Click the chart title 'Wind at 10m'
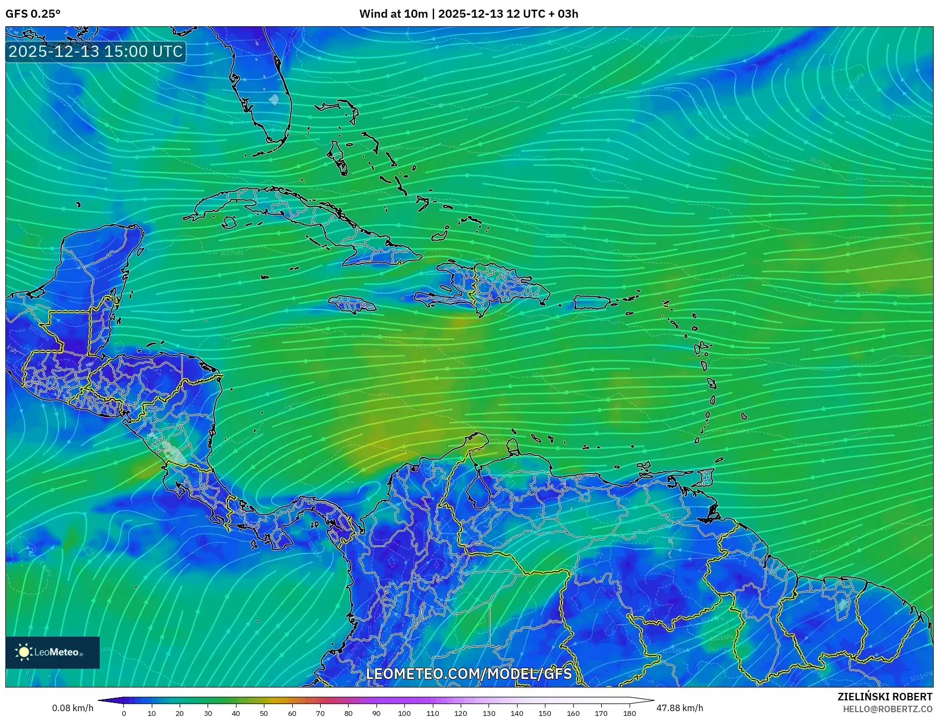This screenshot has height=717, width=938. tap(393, 14)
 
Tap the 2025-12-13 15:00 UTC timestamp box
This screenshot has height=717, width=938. tap(96, 51)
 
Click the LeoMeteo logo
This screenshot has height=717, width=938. tap(53, 652)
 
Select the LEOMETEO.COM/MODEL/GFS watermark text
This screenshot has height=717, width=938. tap(469, 674)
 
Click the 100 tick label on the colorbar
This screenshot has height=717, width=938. tap(404, 713)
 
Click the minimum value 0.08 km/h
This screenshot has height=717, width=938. tap(72, 708)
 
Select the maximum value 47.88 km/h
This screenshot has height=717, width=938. tap(680, 708)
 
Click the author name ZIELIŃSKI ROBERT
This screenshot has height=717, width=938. tap(884, 697)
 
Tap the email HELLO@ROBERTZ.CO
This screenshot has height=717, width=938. tap(887, 709)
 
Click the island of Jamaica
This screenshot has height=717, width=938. tap(352, 305)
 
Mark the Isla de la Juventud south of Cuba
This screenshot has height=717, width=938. tap(230, 222)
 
